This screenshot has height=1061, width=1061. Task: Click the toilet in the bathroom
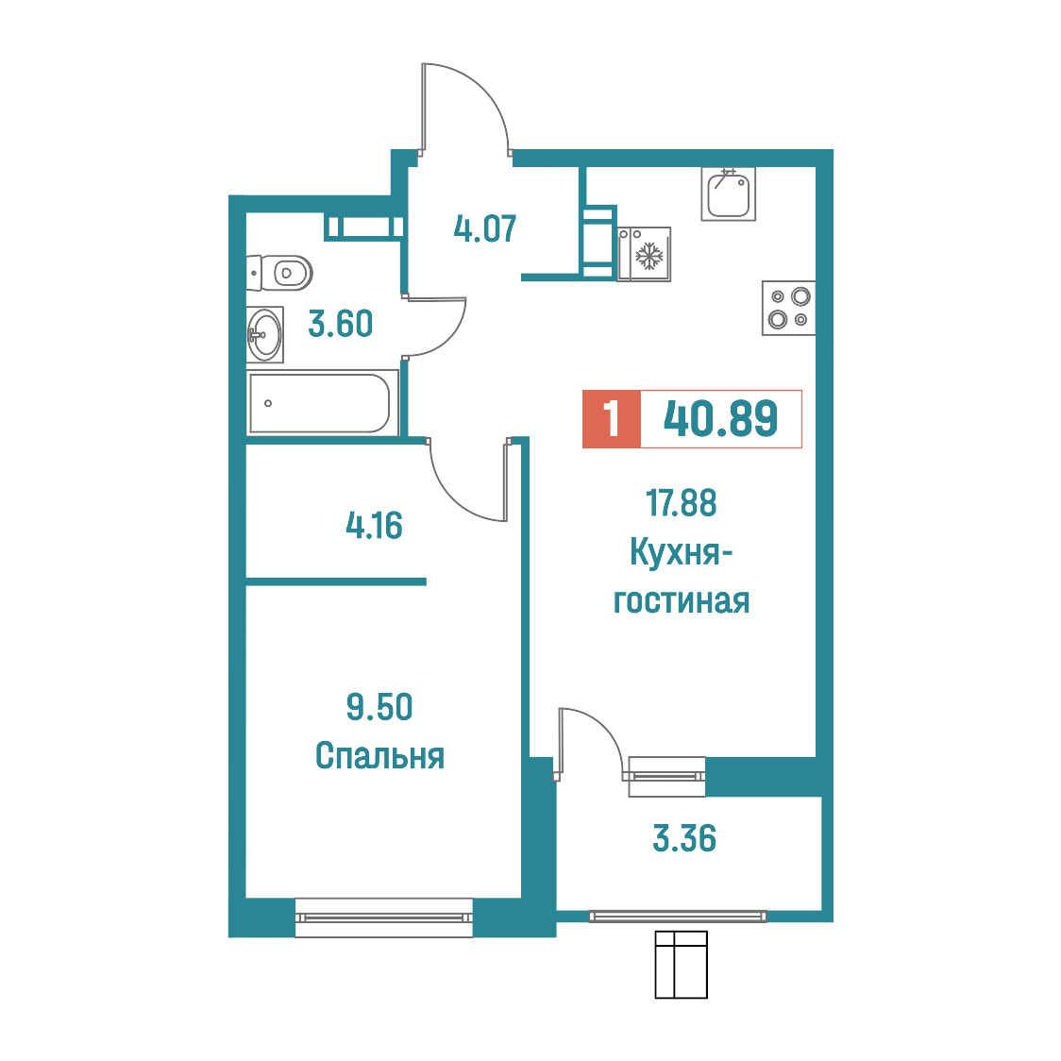point(279,273)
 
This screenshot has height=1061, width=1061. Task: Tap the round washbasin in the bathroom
point(264,334)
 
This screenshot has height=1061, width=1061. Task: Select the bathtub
point(321,403)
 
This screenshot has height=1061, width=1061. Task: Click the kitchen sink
point(728,194)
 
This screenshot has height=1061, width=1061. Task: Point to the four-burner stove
point(789,308)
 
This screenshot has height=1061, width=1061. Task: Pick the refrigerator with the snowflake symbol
point(644,255)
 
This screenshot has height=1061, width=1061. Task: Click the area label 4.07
point(484,228)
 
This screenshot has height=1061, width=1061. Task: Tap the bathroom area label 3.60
point(341,324)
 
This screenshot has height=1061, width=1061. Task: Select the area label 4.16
point(374,525)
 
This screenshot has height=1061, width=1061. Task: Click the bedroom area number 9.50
point(379,707)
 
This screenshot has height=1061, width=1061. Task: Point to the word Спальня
point(379,756)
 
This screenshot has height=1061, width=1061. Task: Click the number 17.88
point(681,503)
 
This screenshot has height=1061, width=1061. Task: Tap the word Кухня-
point(682,552)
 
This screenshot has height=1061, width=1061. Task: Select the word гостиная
point(682,601)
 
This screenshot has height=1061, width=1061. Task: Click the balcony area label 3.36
point(684,838)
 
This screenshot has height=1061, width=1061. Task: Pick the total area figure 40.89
point(720,419)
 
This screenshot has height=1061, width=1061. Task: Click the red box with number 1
point(612,419)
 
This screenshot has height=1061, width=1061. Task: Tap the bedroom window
point(383,918)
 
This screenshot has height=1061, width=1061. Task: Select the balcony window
point(678,917)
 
